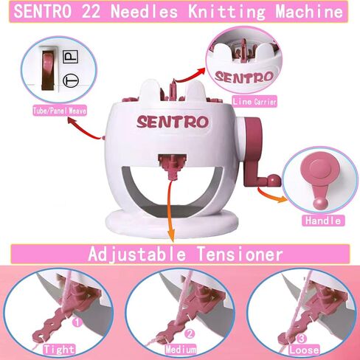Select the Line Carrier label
tap(253, 101)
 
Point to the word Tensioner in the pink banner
tap(237, 255)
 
